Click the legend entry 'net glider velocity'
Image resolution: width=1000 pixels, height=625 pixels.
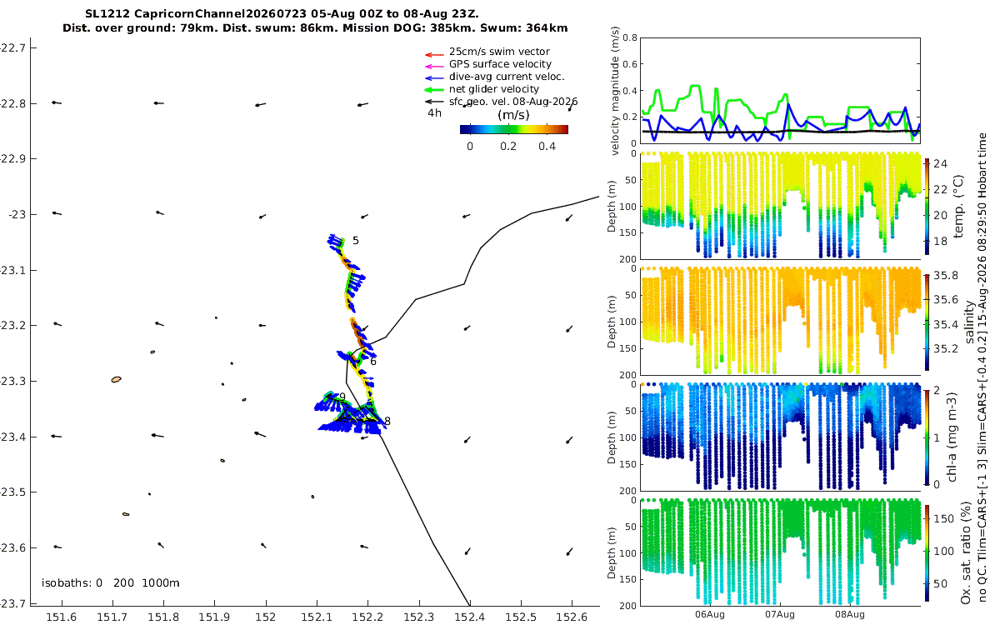494,89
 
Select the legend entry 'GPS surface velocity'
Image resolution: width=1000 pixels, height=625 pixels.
500,64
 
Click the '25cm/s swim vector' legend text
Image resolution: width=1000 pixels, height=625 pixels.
499,52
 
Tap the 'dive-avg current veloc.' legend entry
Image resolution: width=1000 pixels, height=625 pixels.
507,77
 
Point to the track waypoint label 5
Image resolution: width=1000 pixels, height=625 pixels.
355,241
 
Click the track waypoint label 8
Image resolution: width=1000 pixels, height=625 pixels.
387,421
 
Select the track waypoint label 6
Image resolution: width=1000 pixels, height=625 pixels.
373,362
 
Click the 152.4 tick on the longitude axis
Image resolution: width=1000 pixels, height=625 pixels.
470,617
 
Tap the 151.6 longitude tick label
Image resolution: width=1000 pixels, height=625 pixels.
61,617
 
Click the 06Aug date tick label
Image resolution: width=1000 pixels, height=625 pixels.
709,614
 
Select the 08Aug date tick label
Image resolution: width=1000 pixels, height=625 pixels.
849,614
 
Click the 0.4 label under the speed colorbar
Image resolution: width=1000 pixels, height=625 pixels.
547,147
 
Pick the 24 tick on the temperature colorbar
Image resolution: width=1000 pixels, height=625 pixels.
940,164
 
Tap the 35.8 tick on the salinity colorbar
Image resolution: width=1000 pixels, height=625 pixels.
946,276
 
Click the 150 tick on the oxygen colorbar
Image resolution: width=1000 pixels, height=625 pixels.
943,518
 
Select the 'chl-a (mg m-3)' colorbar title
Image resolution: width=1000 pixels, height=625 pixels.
952,437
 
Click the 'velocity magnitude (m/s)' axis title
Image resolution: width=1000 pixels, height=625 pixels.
615,91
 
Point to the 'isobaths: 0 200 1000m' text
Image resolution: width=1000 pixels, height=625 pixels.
110,583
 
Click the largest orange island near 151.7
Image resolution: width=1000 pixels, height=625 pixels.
116,379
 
